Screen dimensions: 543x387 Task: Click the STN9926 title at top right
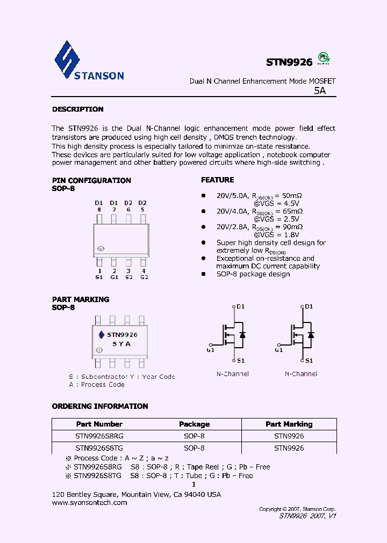(289, 62)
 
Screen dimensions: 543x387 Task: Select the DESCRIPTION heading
(77, 109)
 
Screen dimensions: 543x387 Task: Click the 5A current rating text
(320, 91)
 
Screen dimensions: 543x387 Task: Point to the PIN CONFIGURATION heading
(91, 180)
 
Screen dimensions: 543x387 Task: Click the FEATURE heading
(218, 180)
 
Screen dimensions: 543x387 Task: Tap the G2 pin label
(144, 277)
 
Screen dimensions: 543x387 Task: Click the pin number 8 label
(99, 209)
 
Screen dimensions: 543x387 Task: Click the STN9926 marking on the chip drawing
(122, 335)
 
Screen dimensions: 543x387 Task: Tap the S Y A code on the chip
(121, 344)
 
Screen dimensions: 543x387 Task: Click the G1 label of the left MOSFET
(210, 350)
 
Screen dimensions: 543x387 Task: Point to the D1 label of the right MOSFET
(309, 306)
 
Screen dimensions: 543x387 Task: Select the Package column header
(194, 424)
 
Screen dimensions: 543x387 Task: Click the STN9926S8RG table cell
(99, 436)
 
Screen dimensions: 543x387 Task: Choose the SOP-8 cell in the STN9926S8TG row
(194, 448)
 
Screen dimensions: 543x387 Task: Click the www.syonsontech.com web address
(90, 503)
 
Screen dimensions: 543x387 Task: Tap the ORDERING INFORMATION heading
(100, 406)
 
